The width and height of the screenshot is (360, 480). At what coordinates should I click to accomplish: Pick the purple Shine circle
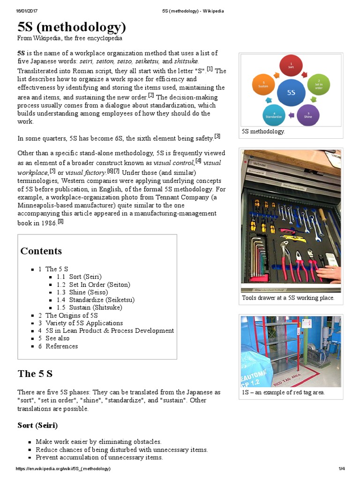click(x=308, y=114)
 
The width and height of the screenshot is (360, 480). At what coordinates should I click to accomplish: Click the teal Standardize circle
click(x=274, y=114)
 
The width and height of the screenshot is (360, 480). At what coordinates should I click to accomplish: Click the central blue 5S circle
click(x=291, y=92)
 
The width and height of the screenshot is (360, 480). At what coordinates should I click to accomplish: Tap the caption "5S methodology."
click(x=263, y=132)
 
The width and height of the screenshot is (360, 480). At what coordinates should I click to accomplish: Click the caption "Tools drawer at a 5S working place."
click(x=288, y=298)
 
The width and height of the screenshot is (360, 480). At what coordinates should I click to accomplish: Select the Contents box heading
click(x=41, y=251)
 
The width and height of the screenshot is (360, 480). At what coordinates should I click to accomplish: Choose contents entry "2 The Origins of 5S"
click(x=68, y=315)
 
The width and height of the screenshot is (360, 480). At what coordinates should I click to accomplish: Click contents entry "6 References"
click(x=58, y=346)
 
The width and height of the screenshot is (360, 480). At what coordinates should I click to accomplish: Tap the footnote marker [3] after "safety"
click(x=217, y=136)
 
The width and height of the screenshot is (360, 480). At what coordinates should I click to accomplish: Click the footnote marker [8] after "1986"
click(x=60, y=221)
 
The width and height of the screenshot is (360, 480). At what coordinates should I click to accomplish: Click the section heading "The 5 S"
click(x=35, y=374)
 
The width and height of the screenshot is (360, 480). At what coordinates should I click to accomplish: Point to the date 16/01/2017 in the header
click(x=27, y=11)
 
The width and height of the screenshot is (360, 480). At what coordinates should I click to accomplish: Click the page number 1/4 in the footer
click(x=341, y=469)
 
